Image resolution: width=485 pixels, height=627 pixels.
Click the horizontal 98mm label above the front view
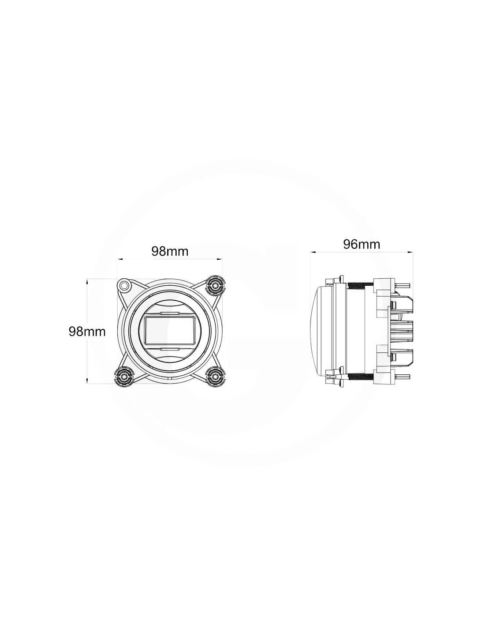170,251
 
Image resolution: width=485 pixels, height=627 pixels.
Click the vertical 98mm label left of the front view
87,332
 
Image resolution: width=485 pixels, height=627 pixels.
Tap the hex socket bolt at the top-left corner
124,285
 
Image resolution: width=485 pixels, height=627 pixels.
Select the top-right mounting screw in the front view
215,285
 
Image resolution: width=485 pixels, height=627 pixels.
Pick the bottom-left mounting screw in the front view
124,376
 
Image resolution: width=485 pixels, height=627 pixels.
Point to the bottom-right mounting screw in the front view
215,376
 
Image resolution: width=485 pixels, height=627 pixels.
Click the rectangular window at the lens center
170,330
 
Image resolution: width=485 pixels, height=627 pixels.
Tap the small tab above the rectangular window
170,313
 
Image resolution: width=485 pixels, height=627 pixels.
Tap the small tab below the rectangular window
170,349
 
